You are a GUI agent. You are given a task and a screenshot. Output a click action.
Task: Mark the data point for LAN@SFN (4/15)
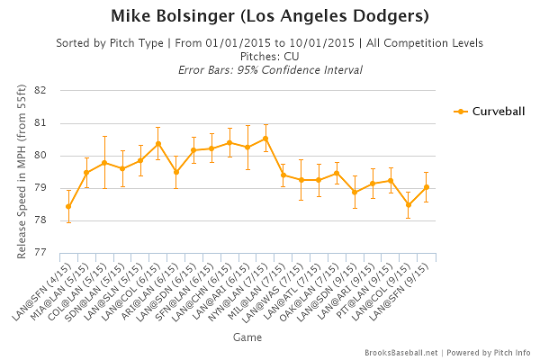[68, 206]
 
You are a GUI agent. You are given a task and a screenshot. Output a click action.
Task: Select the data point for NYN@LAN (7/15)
[265, 139]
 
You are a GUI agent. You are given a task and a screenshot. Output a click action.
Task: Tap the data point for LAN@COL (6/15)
[158, 143]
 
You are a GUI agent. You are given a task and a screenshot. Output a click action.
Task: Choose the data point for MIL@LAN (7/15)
[283, 175]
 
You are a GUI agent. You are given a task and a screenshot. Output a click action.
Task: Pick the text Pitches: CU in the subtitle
[269, 56]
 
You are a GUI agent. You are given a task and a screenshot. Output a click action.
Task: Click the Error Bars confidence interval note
[269, 69]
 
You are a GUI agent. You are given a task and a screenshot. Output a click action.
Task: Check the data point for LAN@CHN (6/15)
[229, 142]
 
